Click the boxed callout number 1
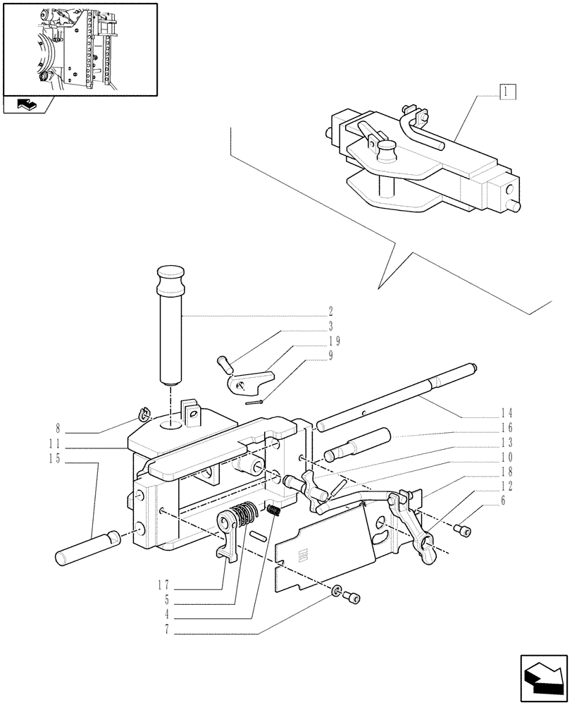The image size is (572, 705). pos(507,91)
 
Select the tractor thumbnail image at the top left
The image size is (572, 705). pos(79,48)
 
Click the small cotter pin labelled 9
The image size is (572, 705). pos(256,403)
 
